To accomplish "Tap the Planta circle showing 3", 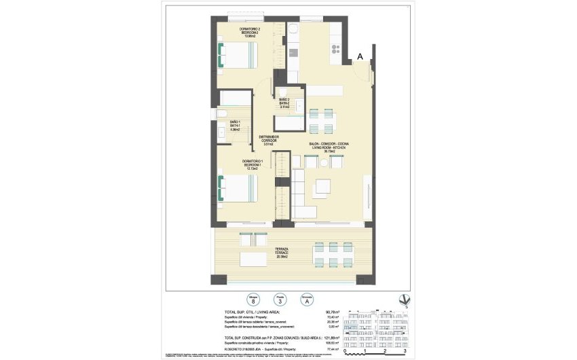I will point(279,299).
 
